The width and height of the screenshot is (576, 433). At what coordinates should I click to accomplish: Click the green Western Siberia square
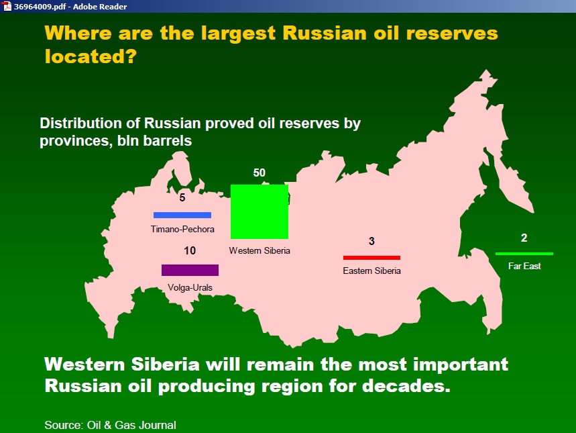click(x=260, y=211)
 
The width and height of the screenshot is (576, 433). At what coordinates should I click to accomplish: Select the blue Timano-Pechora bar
click(x=182, y=215)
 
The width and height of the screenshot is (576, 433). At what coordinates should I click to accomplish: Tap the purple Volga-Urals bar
click(x=190, y=270)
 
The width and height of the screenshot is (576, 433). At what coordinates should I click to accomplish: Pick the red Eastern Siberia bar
click(x=371, y=258)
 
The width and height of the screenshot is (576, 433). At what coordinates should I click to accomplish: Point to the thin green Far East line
click(x=524, y=254)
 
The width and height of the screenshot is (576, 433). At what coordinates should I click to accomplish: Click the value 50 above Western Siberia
click(x=259, y=173)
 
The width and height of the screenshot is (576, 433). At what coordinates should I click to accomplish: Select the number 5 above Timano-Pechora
click(x=182, y=197)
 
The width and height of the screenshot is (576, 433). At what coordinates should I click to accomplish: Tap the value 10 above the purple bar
click(x=190, y=250)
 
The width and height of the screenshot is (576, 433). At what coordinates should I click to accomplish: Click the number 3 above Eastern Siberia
click(x=371, y=241)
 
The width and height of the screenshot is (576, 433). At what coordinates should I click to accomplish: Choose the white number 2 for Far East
click(x=524, y=238)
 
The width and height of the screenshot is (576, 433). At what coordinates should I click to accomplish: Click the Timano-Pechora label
click(x=182, y=229)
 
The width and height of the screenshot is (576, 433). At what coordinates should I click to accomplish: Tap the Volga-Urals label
click(x=190, y=287)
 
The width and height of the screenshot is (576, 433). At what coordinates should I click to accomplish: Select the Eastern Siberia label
click(x=371, y=271)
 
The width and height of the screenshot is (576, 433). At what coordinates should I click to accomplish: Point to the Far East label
click(x=524, y=266)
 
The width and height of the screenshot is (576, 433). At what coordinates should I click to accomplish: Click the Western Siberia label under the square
click(x=260, y=250)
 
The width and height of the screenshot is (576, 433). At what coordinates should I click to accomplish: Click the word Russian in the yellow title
click(x=325, y=33)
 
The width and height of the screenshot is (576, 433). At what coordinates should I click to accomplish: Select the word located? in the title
click(x=91, y=56)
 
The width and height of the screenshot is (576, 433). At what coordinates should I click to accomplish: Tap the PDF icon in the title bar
click(x=7, y=6)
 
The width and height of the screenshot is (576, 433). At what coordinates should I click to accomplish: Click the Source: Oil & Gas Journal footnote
click(x=110, y=425)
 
